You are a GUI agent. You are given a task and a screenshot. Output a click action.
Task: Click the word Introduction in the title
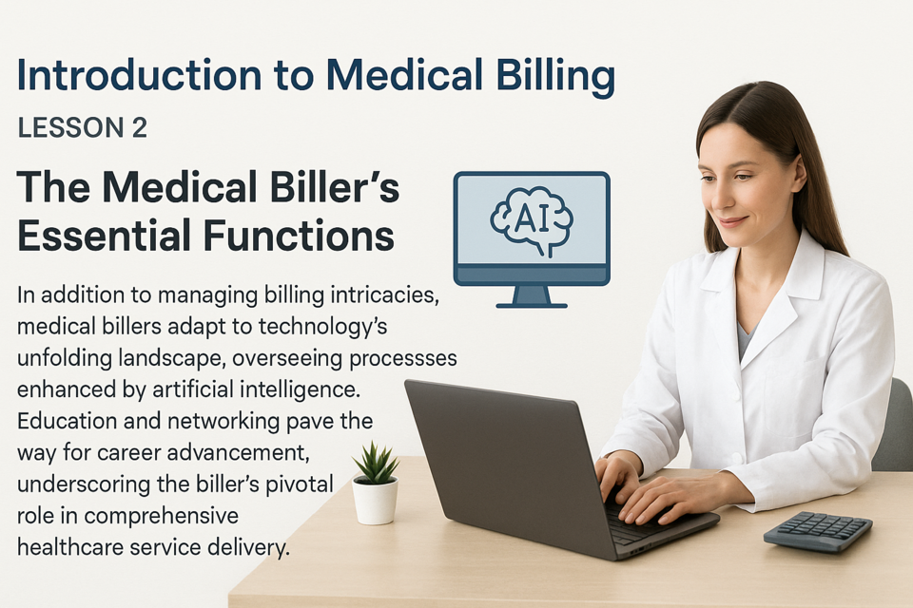pyautogui.click(x=140, y=74)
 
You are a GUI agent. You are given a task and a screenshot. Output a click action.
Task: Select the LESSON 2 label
pyautogui.click(x=82, y=128)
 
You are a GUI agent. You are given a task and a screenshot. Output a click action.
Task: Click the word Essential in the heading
pyautogui.click(x=105, y=235)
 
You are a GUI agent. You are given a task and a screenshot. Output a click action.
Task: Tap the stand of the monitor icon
pyautogui.click(x=532, y=296)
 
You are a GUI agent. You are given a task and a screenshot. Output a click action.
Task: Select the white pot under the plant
pyautogui.click(x=376, y=501)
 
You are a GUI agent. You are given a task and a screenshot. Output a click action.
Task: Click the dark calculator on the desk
pyautogui.click(x=818, y=532)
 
